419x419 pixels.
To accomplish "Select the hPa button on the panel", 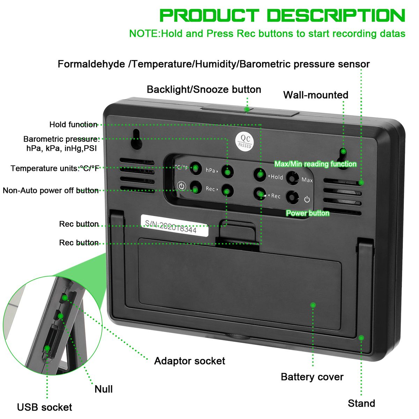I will point(227,171).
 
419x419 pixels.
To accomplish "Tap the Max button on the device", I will point(292,178).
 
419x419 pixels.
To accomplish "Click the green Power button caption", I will point(308,213).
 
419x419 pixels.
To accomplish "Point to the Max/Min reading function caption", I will point(315,164).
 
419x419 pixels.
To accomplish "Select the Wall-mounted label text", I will point(316,95).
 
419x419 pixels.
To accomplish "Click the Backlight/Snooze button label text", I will point(204,89).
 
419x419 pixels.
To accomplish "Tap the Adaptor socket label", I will point(190,361).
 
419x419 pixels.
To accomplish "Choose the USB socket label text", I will point(44,407).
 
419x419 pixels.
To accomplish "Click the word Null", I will point(104,389).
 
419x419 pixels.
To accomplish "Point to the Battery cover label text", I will point(312,377).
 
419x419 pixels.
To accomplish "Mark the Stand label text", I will point(361,403).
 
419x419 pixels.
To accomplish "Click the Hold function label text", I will point(73,125).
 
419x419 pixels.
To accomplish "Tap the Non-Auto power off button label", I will point(51,190).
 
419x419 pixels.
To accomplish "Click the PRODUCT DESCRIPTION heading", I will point(282,16).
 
